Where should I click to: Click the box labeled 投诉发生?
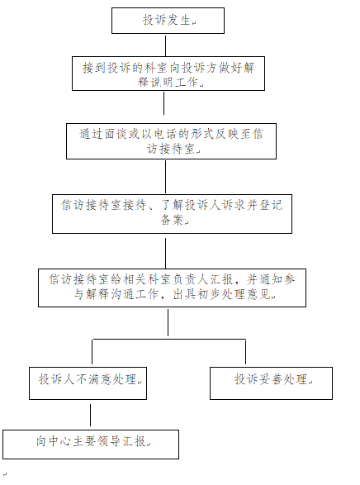[x=168, y=21]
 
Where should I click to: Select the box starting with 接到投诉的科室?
[x=168, y=74]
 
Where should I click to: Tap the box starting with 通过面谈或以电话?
[x=171, y=141]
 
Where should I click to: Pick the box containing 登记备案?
[x=172, y=214]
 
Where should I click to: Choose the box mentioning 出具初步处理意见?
[x=172, y=288]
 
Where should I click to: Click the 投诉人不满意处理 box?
[x=88, y=383]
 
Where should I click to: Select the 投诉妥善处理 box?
[x=272, y=383]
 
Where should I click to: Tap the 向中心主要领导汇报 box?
[x=91, y=445]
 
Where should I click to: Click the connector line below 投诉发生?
[x=166, y=45]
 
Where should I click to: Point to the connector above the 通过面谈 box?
[x=163, y=103]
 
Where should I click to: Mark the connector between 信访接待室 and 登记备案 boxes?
[x=166, y=177]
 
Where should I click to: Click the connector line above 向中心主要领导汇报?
[x=90, y=415]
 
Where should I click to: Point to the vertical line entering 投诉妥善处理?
[x=246, y=352]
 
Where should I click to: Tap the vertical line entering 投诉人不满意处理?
[x=92, y=352]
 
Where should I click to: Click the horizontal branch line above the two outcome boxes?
[x=168, y=340]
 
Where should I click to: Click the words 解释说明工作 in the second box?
[x=168, y=82]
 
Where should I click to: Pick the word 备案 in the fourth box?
[x=172, y=220]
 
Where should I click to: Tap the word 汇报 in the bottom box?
[x=134, y=441]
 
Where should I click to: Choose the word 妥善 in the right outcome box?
[x=271, y=379]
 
